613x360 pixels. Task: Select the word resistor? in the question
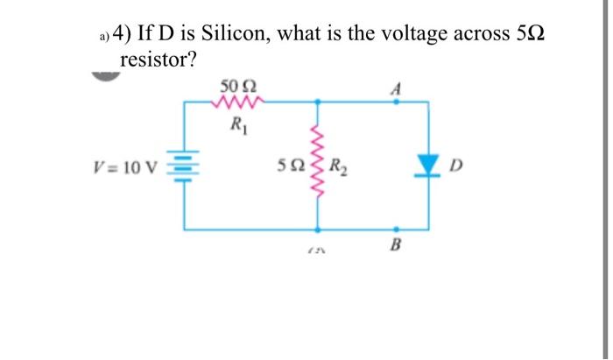(x=157, y=60)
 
